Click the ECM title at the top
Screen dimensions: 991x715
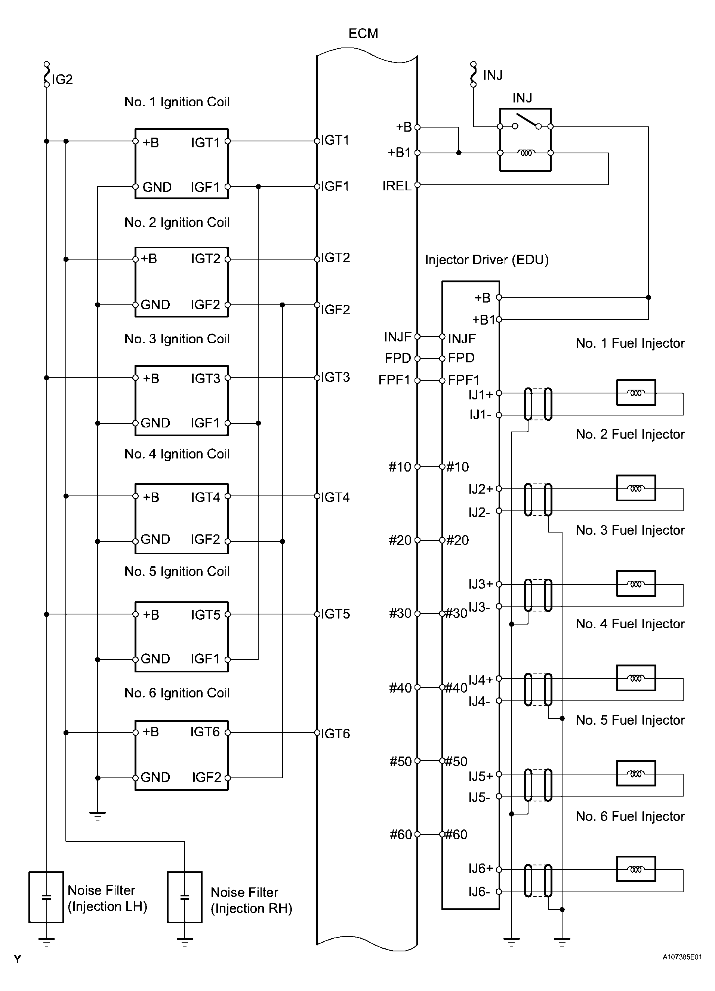click(363, 34)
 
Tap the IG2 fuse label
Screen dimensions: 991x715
click(62, 80)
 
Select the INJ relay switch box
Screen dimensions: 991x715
click(525, 140)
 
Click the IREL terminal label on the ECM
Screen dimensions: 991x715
click(397, 186)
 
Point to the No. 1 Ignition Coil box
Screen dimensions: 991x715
click(181, 164)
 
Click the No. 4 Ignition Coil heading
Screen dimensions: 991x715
click(177, 454)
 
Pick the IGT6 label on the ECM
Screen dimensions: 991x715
click(335, 734)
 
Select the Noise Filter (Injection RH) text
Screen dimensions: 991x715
click(251, 900)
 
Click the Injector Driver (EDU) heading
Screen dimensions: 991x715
click(487, 260)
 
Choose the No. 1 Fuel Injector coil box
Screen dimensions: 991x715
click(636, 392)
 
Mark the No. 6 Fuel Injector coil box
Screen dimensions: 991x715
click(636, 869)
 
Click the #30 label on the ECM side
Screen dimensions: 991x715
click(400, 613)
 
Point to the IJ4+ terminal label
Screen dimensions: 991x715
click(480, 680)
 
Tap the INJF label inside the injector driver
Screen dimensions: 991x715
click(462, 339)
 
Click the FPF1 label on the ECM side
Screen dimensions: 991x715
click(394, 380)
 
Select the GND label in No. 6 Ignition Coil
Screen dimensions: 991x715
click(155, 777)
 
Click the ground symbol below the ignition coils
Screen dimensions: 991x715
click(98, 815)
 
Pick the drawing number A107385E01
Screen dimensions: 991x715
click(682, 957)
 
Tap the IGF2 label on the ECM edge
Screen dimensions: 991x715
click(335, 309)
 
